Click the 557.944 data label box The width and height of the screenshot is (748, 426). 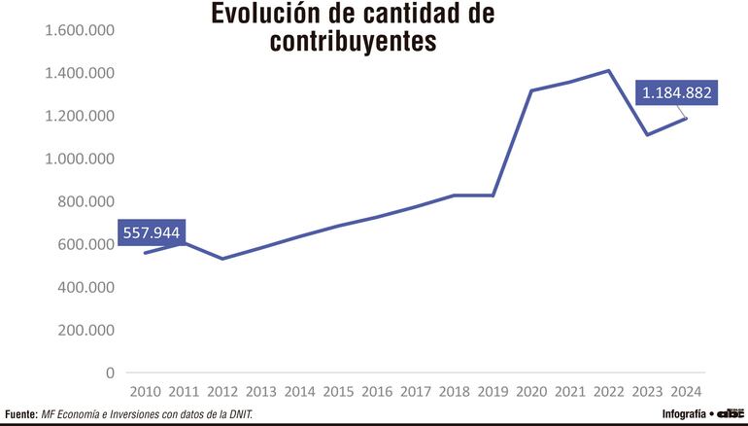152,232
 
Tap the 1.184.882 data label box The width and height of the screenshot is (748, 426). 676,93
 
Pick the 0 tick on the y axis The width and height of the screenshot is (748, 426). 109,373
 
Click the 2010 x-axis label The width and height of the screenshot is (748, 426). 145,391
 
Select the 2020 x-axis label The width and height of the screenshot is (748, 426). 530,391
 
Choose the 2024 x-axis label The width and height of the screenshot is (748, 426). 684,391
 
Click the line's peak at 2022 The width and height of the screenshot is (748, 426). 607,70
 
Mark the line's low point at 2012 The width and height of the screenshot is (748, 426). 222,259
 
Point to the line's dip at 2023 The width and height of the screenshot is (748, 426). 646,134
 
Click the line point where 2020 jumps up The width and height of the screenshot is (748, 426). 530,90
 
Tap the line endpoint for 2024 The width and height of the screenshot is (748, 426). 685,118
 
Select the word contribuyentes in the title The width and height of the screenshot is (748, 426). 354,42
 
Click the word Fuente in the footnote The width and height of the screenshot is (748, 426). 20,414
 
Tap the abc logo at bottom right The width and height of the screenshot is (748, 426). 731,413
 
